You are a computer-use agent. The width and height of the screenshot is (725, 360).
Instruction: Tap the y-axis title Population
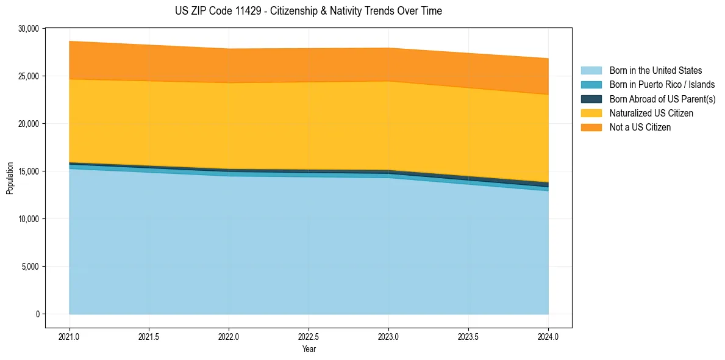tap(10, 178)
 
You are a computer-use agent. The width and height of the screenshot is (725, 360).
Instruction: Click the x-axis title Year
tap(309, 349)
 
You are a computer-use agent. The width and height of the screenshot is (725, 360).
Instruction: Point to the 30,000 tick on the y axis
tap(28, 29)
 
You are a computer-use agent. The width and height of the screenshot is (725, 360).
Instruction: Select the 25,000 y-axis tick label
tap(28, 76)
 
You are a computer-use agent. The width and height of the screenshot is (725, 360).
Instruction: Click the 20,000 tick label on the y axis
tap(28, 124)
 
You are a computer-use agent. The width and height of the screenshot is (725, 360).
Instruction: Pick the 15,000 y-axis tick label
tap(28, 171)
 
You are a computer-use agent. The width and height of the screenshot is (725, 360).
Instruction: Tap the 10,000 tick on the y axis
tap(28, 219)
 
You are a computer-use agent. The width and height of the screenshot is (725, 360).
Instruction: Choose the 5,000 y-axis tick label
tap(30, 267)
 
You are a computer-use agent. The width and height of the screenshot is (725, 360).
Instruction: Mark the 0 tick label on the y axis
tap(37, 314)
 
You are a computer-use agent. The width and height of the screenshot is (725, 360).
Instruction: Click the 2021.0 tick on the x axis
tap(70, 336)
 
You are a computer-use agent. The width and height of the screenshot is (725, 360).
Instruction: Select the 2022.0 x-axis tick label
tap(229, 336)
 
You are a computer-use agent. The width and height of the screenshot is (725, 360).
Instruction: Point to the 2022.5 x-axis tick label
tap(309, 336)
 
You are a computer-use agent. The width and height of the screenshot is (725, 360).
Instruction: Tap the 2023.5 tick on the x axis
tap(468, 336)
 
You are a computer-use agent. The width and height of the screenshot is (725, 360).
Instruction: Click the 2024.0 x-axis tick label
tap(548, 336)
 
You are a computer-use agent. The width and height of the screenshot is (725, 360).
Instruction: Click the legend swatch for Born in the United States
tap(591, 71)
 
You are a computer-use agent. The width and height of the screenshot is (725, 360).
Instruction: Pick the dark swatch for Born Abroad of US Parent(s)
tap(591, 99)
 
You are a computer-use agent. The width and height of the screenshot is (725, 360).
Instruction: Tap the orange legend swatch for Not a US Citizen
tap(591, 128)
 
